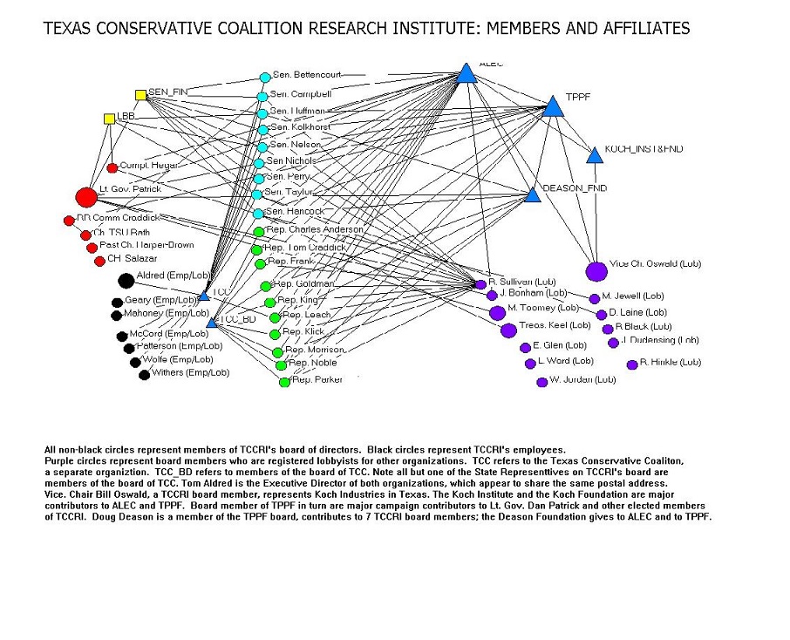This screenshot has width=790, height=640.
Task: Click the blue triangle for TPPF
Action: (x=552, y=107)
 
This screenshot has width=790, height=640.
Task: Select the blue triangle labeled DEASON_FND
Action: (x=533, y=195)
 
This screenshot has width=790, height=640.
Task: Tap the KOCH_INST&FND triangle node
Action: (x=595, y=155)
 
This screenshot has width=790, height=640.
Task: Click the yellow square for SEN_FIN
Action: (x=140, y=94)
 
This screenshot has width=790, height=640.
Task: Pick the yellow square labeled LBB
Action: (x=109, y=118)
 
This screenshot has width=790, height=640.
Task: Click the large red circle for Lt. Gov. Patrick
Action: (x=85, y=197)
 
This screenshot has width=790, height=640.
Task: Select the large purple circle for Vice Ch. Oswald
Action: (x=596, y=271)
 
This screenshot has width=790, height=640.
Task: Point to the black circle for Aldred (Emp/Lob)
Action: (x=126, y=280)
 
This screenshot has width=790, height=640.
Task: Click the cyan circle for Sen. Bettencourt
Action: (x=265, y=77)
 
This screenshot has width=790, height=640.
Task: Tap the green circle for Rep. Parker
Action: (x=284, y=381)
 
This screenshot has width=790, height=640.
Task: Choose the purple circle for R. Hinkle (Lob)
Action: (x=632, y=364)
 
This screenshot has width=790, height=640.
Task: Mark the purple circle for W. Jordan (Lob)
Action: (x=541, y=381)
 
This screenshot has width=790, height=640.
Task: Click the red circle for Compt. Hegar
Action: (x=112, y=167)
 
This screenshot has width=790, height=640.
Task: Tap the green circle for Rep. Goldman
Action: (x=266, y=286)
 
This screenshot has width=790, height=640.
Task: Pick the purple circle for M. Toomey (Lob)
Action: (x=497, y=312)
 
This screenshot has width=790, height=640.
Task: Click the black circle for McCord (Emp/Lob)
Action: (x=122, y=337)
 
